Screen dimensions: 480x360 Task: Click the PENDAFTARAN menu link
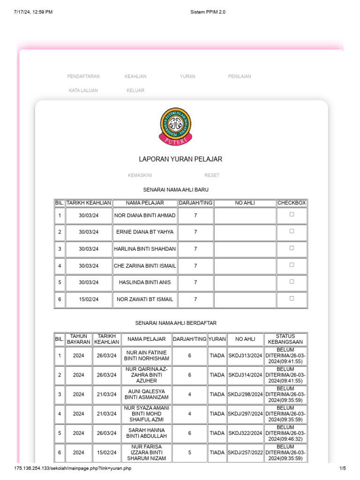[83, 76]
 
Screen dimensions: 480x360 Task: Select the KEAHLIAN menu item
[135, 76]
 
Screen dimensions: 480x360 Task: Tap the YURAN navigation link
[187, 76]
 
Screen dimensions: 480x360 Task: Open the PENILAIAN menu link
[240, 76]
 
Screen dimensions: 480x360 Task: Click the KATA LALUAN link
[83, 90]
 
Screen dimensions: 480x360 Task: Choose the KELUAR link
[135, 90]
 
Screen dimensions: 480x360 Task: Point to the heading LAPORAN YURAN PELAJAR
[180, 159]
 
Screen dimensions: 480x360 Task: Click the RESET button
[212, 175]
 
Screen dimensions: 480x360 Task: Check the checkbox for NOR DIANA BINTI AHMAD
[292, 214]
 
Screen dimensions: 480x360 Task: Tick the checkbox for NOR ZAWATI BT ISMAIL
[292, 298]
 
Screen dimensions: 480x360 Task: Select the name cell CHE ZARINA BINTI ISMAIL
[145, 266]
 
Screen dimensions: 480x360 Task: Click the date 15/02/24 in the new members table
[89, 300]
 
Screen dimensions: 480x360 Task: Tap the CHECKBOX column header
[292, 203]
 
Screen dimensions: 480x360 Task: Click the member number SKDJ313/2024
[245, 356]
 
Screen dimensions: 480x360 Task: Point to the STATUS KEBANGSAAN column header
[285, 339]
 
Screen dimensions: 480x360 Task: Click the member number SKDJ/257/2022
[245, 453]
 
